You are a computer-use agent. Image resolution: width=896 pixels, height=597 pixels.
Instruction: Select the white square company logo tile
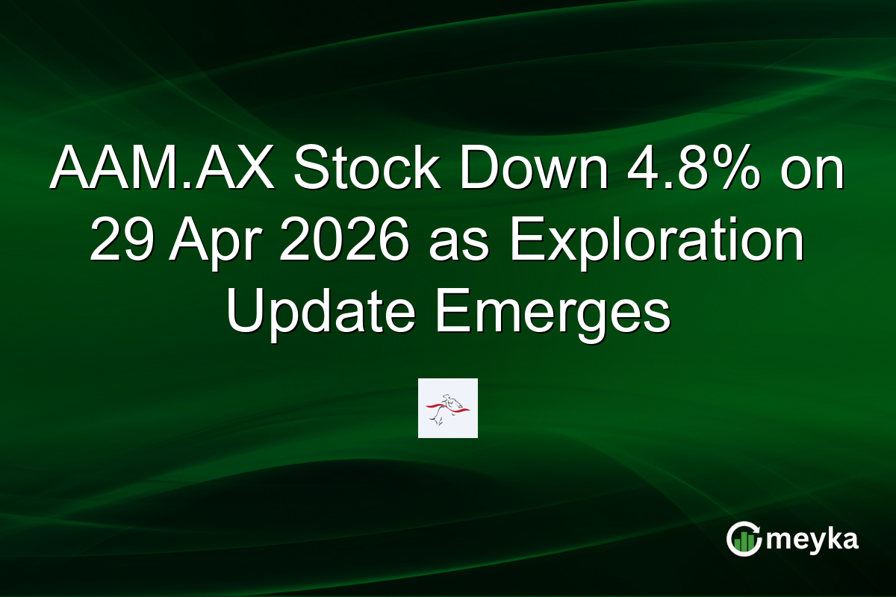(x=447, y=408)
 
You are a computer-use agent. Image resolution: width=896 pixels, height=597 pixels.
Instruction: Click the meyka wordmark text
(x=813, y=540)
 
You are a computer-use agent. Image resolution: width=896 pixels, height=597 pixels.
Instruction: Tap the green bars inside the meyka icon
(x=744, y=543)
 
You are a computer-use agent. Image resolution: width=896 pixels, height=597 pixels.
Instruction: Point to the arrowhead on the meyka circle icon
(x=756, y=528)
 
